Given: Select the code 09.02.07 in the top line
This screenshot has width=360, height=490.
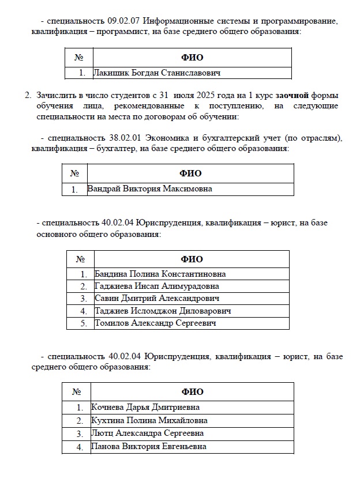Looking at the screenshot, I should pyautogui.click(x=123, y=21).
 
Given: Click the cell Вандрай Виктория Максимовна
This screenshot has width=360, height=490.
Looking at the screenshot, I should pyautogui.click(x=149, y=189).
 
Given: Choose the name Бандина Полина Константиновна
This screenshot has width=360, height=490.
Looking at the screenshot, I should pyautogui.click(x=160, y=274).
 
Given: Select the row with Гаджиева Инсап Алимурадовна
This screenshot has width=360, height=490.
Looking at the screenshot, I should pyautogui.click(x=156, y=286).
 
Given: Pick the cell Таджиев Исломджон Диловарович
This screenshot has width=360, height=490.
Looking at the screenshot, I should pyautogui.click(x=163, y=311).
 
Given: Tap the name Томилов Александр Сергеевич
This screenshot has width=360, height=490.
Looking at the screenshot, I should pyautogui.click(x=155, y=323).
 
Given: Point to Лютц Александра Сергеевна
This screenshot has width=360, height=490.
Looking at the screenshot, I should pyautogui.click(x=148, y=433).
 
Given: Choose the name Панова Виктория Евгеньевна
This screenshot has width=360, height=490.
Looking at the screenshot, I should pyautogui.click(x=148, y=446).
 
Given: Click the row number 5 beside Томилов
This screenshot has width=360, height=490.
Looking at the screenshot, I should pyautogui.click(x=83, y=323).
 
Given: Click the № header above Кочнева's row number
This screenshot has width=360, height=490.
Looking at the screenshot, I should pyautogui.click(x=77, y=392).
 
